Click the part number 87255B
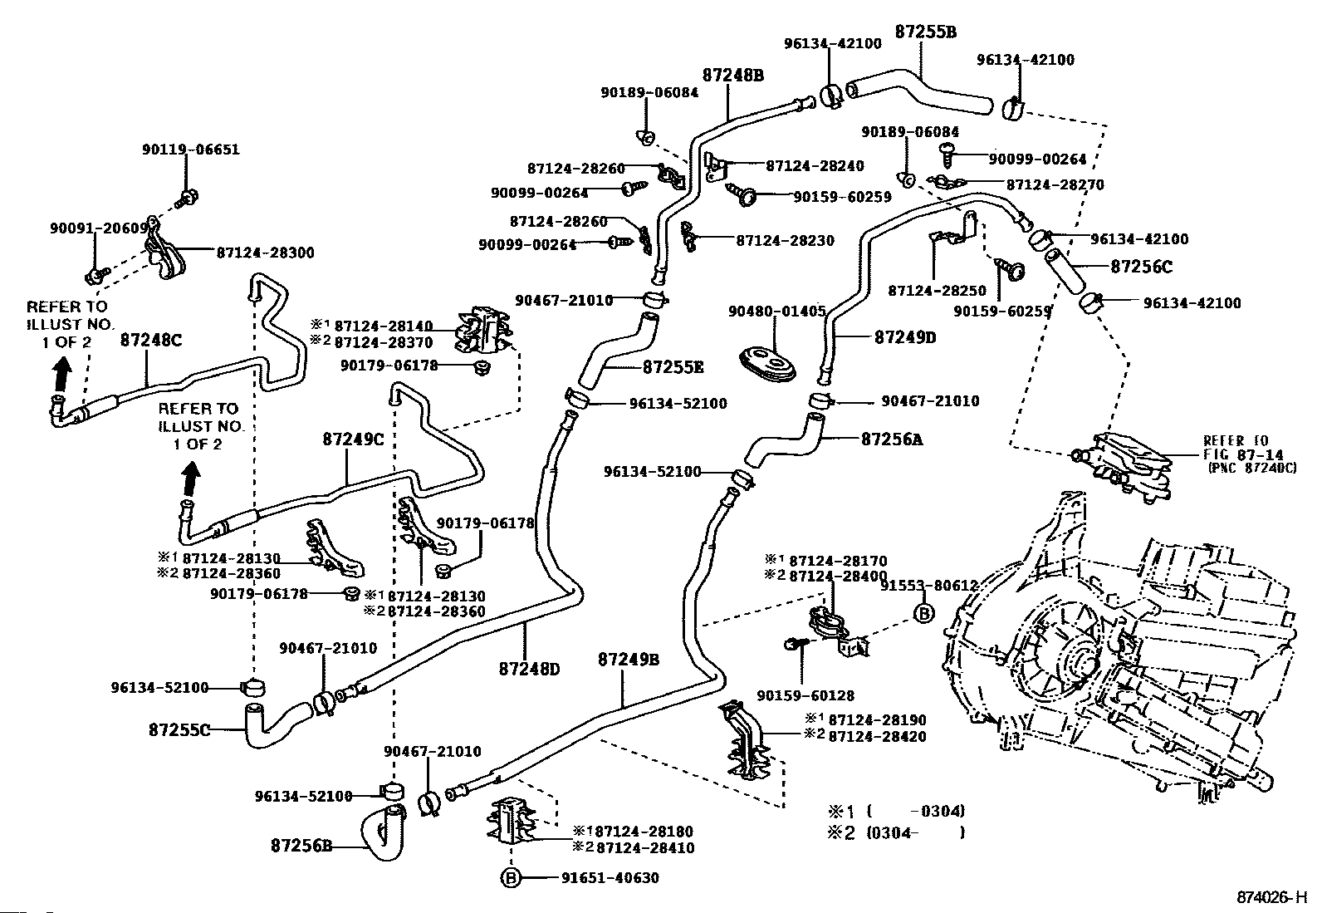click(x=926, y=32)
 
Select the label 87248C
click(x=151, y=340)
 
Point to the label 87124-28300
click(x=265, y=253)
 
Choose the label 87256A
click(x=892, y=439)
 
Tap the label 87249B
click(x=629, y=660)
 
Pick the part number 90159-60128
click(x=805, y=695)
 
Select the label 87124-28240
click(x=815, y=166)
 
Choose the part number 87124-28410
click(x=645, y=848)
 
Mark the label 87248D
click(x=530, y=668)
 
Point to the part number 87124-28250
click(x=937, y=291)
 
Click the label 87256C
click(x=1141, y=268)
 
